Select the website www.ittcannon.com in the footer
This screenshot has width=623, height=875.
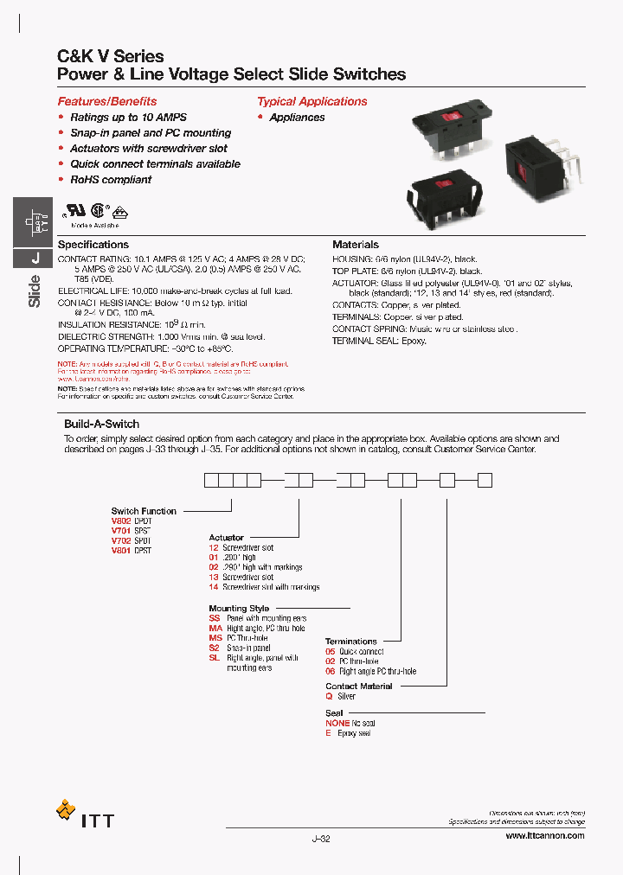click(x=544, y=835)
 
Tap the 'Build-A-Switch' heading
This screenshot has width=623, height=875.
click(x=101, y=425)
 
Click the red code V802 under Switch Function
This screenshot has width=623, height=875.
click(x=120, y=521)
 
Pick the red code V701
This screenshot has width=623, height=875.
click(x=120, y=531)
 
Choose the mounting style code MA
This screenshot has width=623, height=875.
click(x=215, y=629)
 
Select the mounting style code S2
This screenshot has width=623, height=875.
click(x=214, y=648)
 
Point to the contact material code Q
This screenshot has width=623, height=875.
click(x=329, y=696)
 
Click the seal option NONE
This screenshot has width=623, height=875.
click(x=337, y=723)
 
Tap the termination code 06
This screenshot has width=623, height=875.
click(x=330, y=671)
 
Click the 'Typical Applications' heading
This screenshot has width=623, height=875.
click(x=311, y=101)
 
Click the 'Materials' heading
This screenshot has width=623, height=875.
click(x=355, y=245)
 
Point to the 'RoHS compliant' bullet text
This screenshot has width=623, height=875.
click(x=111, y=180)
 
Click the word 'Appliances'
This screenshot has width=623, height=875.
click(x=297, y=118)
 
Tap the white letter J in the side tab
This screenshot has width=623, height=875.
click(x=35, y=258)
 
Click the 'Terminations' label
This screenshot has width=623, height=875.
click(x=350, y=642)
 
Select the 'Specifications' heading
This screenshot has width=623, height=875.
click(x=93, y=245)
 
